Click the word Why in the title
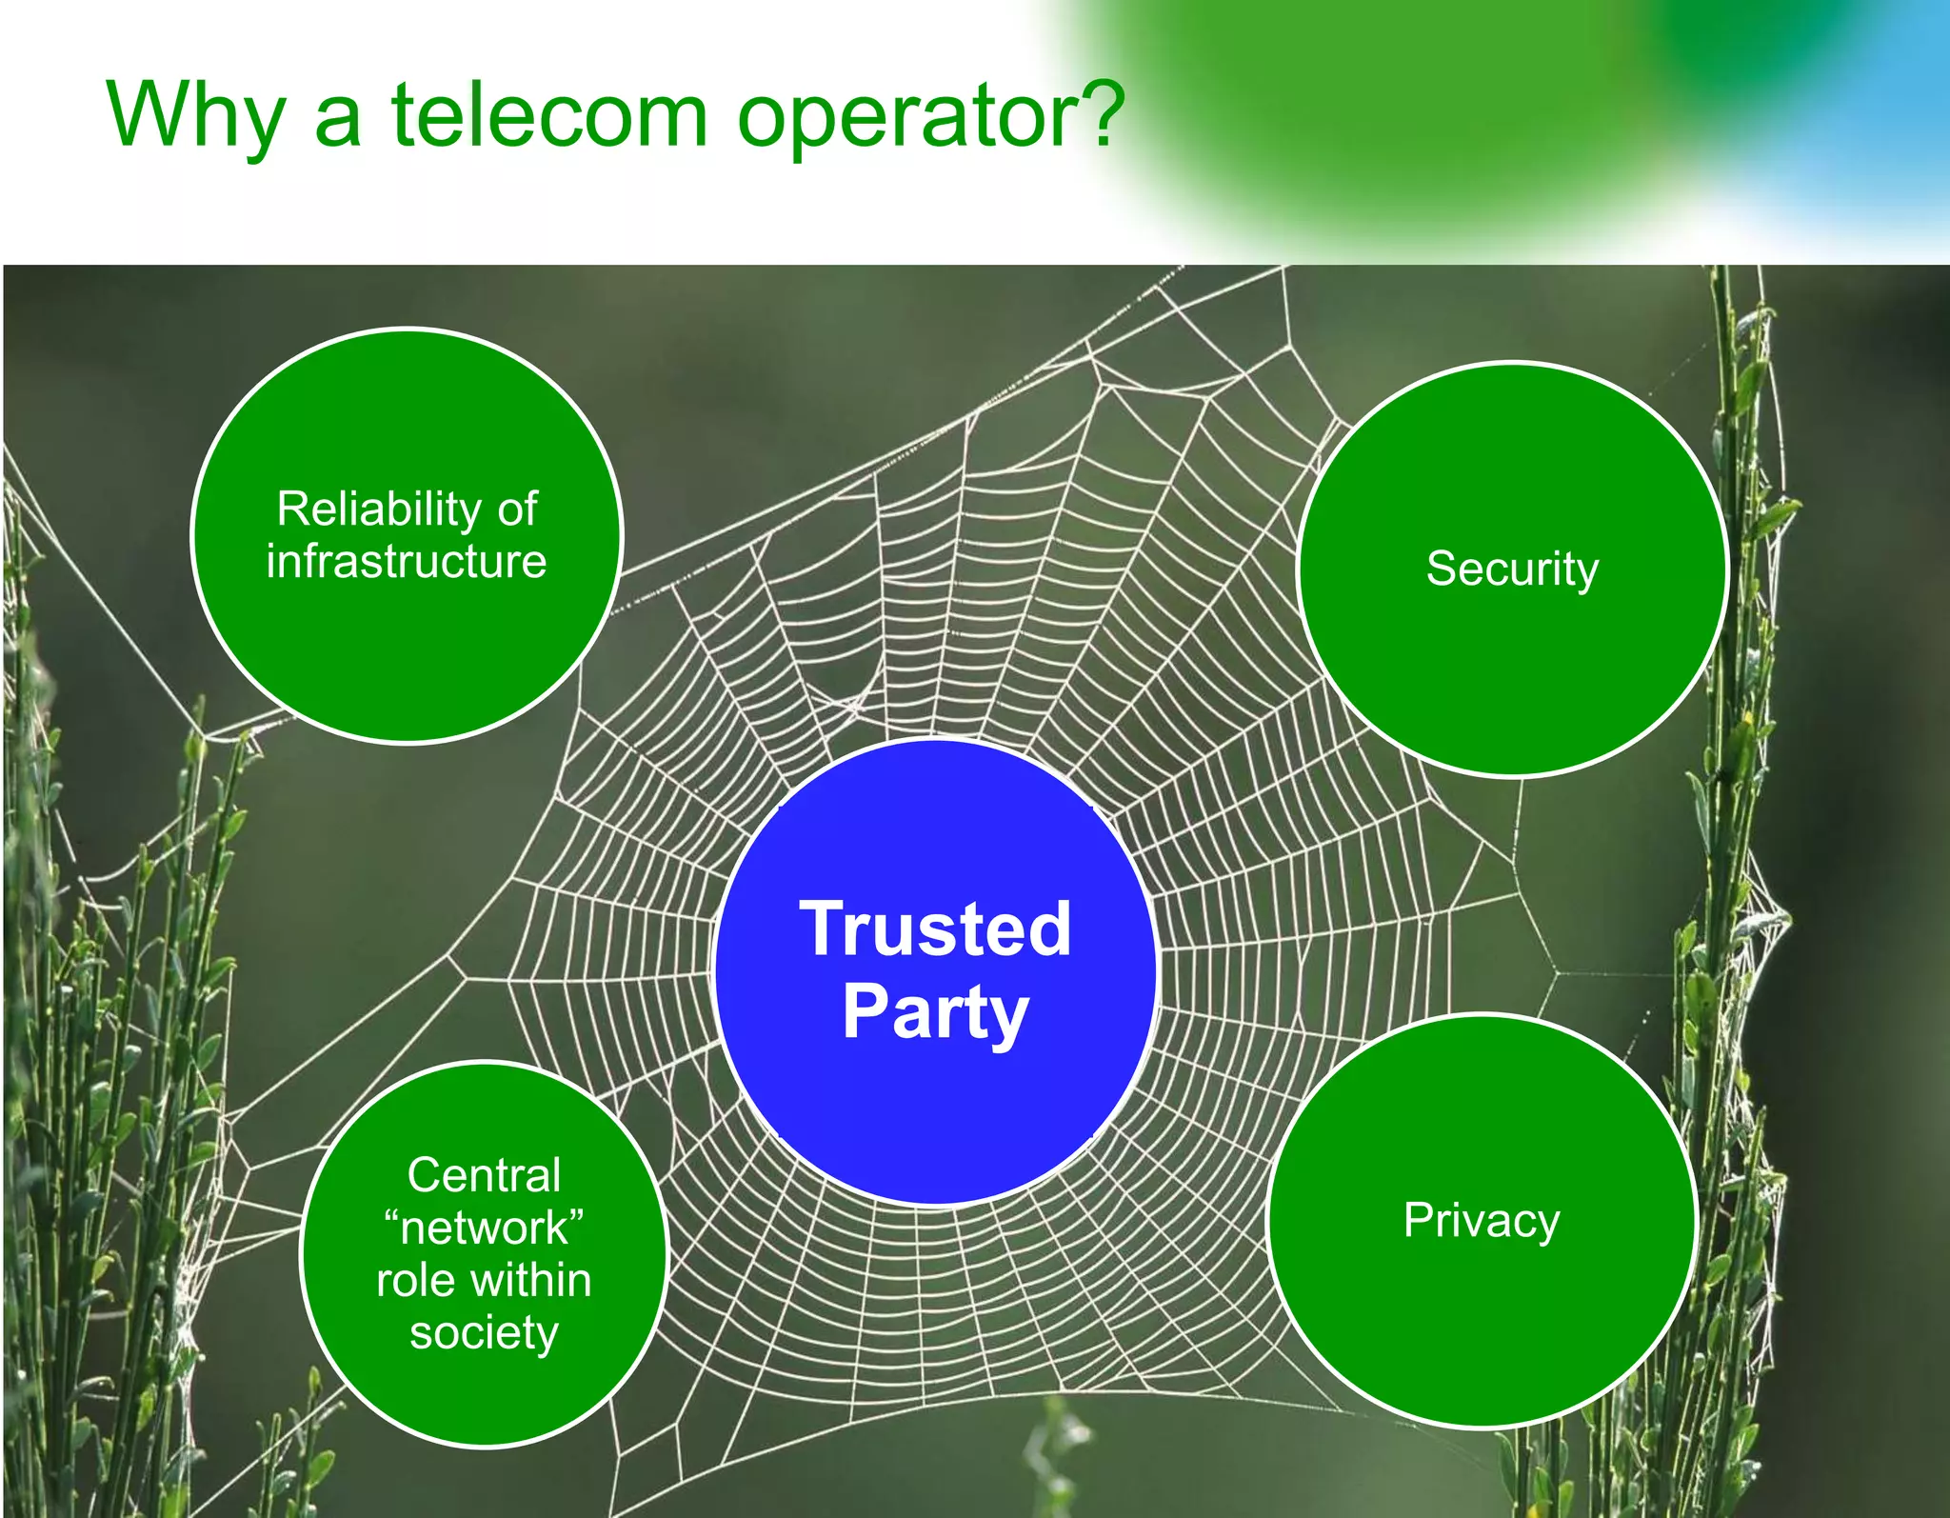tap(194, 116)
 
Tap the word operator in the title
tap(912, 116)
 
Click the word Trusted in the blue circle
tap(935, 929)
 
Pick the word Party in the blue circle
tap(935, 1013)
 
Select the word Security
tap(1512, 569)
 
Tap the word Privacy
tap(1482, 1221)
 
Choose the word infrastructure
tap(407, 561)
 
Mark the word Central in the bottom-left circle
tap(484, 1175)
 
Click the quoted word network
tap(484, 1228)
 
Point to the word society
tap(484, 1332)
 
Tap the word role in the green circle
tap(414, 1281)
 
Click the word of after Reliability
tap(517, 509)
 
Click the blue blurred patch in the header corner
tap(1895, 95)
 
